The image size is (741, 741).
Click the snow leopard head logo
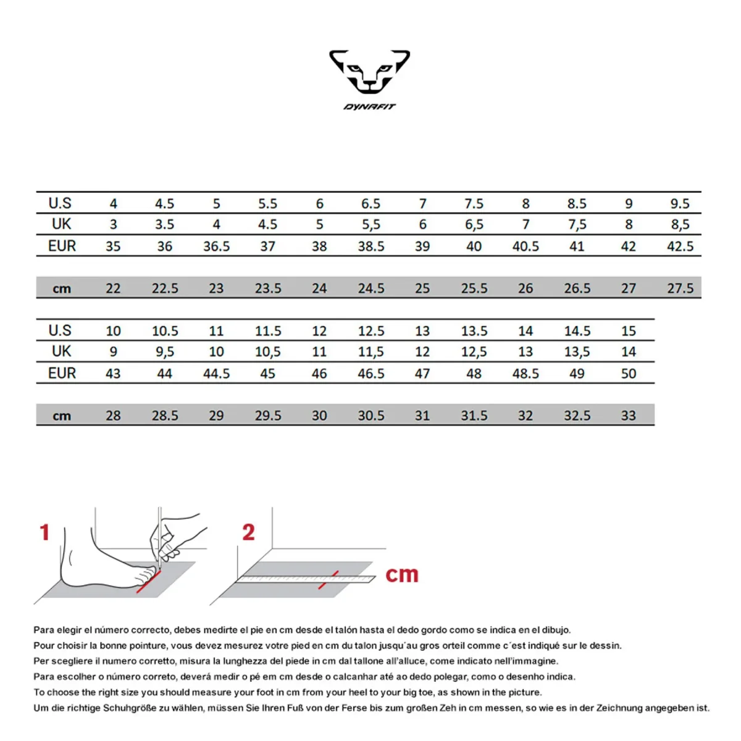(x=369, y=72)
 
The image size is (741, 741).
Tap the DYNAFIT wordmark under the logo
(x=369, y=107)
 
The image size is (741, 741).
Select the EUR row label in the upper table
(x=62, y=246)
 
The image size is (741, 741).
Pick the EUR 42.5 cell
(x=680, y=246)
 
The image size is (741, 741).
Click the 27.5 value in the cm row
(x=680, y=288)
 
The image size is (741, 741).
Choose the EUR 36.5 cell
(x=216, y=246)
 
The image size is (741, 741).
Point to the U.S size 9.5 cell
(x=680, y=203)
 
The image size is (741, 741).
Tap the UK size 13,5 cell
(x=577, y=351)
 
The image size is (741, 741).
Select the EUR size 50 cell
(x=628, y=374)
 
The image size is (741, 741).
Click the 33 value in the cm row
(x=628, y=416)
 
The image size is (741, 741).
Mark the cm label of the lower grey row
(x=62, y=416)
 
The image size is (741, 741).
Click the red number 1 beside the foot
(x=44, y=532)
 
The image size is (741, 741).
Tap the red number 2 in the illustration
(x=248, y=532)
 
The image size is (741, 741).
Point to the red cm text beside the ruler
(x=402, y=574)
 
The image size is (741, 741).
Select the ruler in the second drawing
(x=306, y=579)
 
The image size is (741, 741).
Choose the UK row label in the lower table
(x=62, y=351)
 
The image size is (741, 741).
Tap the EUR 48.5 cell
(x=525, y=374)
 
